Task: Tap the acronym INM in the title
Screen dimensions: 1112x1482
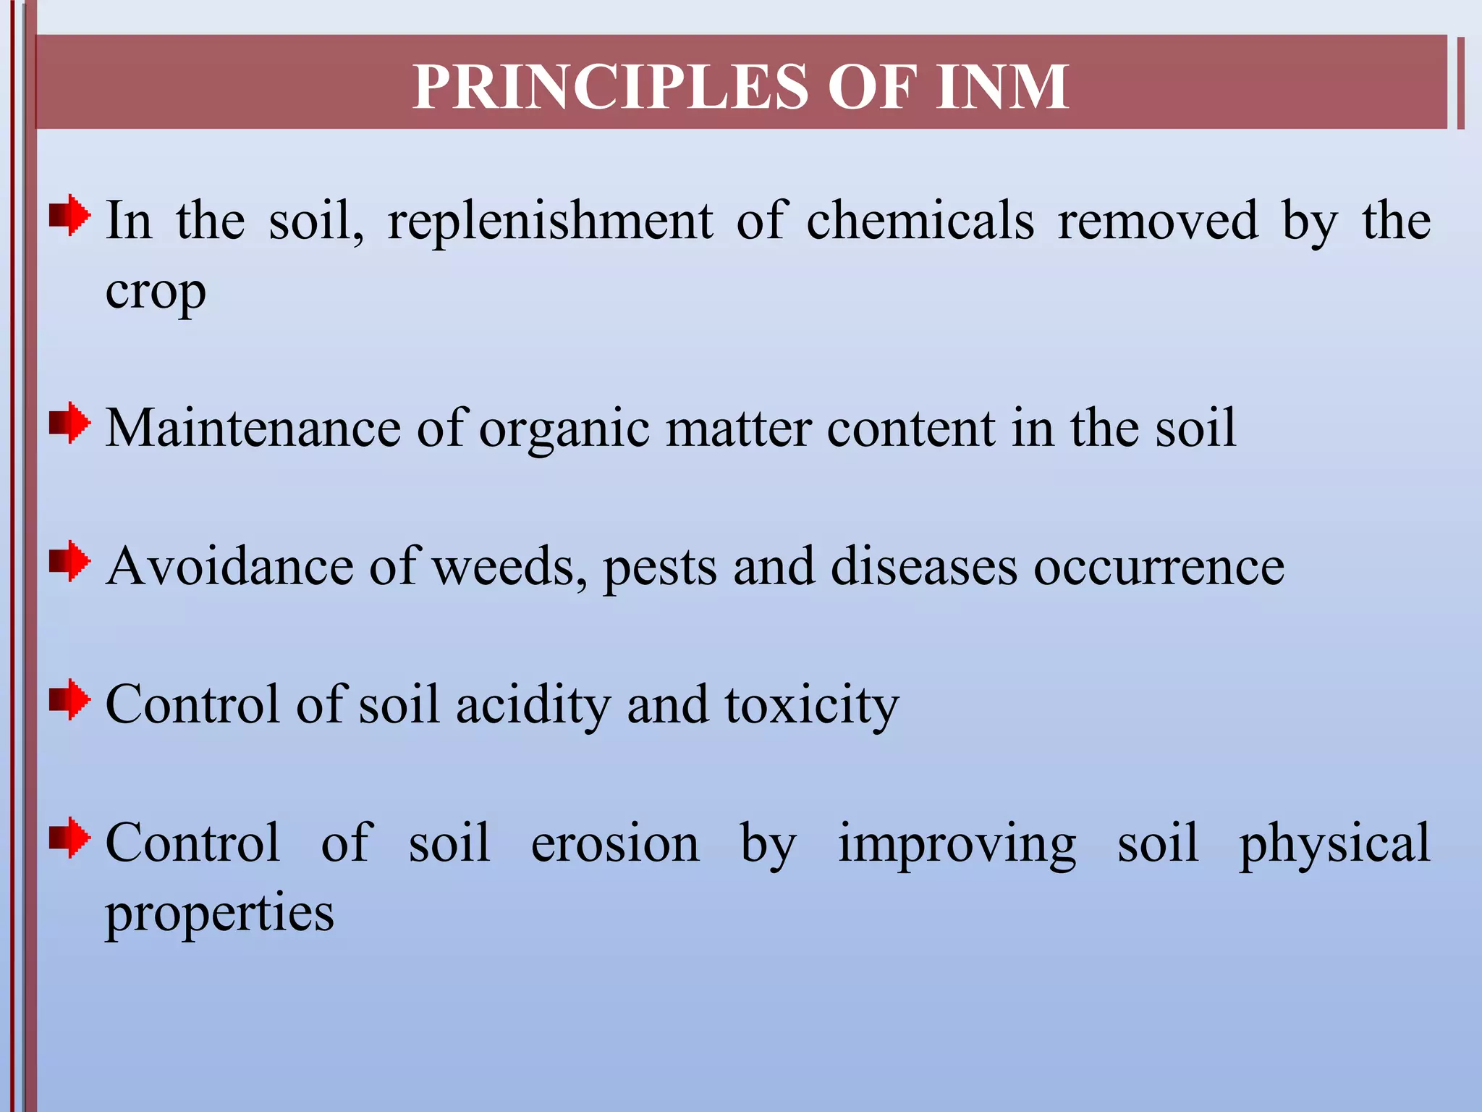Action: (x=1002, y=87)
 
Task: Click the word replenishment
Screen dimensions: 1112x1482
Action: (x=550, y=221)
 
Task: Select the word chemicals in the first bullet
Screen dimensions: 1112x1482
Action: (x=920, y=221)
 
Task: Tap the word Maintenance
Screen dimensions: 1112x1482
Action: (x=253, y=429)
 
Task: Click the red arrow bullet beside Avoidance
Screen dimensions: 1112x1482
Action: (x=69, y=561)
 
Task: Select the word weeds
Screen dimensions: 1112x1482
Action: (x=510, y=567)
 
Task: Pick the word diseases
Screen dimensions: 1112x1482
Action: (x=923, y=567)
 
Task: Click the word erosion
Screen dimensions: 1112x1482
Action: (x=615, y=844)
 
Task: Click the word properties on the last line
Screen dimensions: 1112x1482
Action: (x=220, y=914)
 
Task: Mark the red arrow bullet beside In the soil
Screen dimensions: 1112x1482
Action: (x=69, y=214)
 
